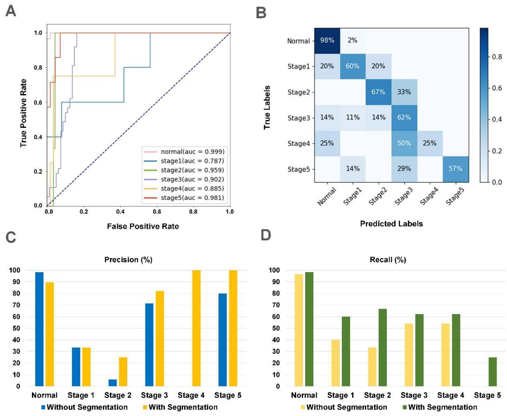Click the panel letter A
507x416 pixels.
pyautogui.click(x=11, y=11)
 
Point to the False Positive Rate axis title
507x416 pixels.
pyautogui.click(x=143, y=226)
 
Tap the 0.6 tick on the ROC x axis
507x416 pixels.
pyautogui.click(x=157, y=211)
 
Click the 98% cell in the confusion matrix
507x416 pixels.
pyautogui.click(x=327, y=40)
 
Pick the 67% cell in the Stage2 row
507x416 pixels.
pyautogui.click(x=378, y=92)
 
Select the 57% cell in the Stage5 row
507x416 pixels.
pyautogui.click(x=455, y=169)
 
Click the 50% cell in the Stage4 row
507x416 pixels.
pyautogui.click(x=404, y=143)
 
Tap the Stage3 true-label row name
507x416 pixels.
pyautogui.click(x=299, y=118)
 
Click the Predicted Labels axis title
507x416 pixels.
pyautogui.click(x=391, y=224)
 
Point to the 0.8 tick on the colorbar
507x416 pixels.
pyautogui.click(x=497, y=57)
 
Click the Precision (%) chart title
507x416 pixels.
pyautogui.click(x=128, y=260)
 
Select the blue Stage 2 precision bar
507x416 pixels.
pyautogui.click(x=113, y=383)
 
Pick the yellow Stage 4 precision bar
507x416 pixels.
pyautogui.click(x=196, y=328)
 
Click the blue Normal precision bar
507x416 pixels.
pyautogui.click(x=39, y=329)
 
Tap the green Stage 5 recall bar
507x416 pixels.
pyautogui.click(x=492, y=372)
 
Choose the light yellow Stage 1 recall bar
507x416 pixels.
pyautogui.click(x=336, y=363)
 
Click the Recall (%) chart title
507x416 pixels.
pyautogui.click(x=388, y=260)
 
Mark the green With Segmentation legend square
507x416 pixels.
pyautogui.click(x=404, y=407)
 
